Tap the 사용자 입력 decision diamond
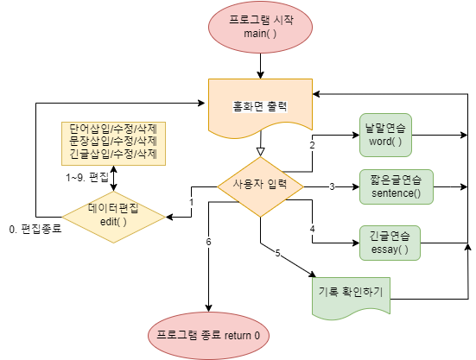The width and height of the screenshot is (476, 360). (x=260, y=186)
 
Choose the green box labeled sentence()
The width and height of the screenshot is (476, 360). (x=397, y=186)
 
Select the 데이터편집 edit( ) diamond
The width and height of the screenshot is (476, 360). (x=113, y=215)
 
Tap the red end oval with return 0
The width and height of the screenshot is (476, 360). (x=208, y=332)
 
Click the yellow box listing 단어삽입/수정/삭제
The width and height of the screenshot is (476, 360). (x=113, y=142)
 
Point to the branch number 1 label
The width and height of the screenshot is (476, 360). (x=191, y=202)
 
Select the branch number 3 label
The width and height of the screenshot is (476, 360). (x=332, y=186)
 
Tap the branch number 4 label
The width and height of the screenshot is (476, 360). (x=312, y=229)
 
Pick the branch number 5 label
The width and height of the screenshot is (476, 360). (x=278, y=253)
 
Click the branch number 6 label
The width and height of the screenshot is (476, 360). (x=208, y=241)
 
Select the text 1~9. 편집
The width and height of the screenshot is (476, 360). (x=86, y=177)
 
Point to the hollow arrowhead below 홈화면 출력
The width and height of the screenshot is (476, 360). (x=260, y=151)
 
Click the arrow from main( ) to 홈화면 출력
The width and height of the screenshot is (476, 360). (x=260, y=65)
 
